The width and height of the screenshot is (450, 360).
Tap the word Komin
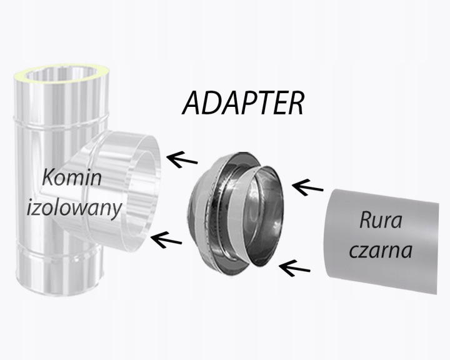tap(73, 180)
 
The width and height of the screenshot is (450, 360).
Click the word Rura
tap(380, 221)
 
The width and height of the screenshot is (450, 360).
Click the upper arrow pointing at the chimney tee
tap(186, 159)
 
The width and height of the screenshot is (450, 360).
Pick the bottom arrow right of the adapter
tap(294, 268)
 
